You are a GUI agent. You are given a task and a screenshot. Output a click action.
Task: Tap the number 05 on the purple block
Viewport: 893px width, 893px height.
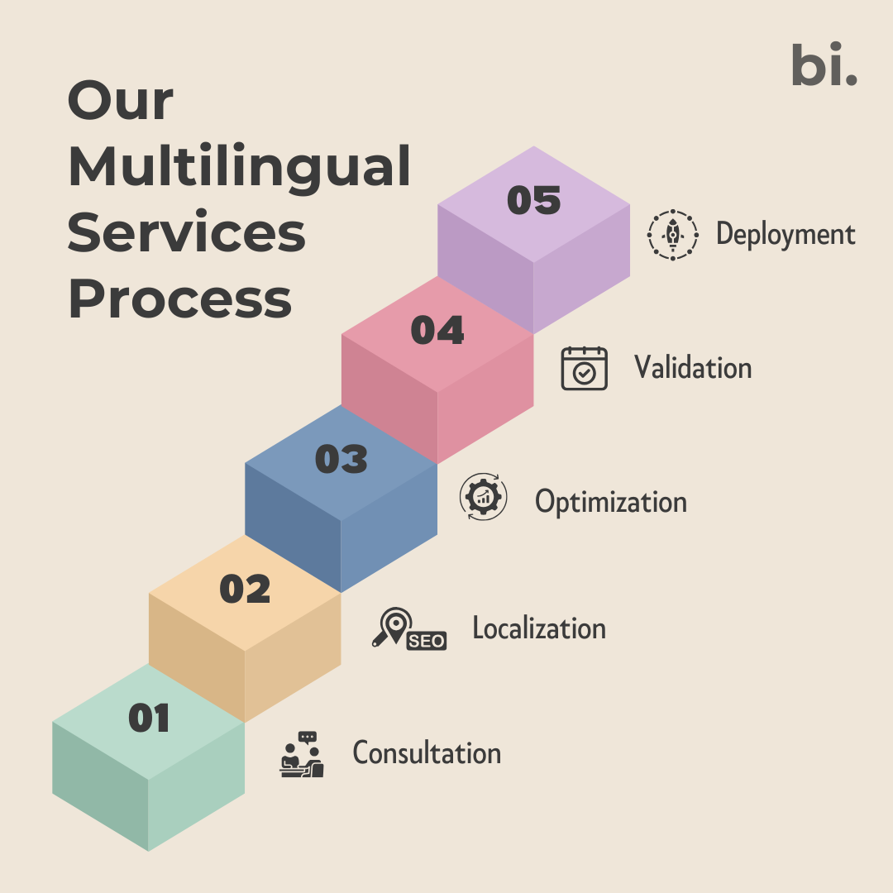533,201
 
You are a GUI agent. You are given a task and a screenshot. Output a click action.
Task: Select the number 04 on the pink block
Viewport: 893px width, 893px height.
437,331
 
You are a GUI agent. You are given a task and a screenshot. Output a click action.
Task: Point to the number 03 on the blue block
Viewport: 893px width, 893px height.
341,460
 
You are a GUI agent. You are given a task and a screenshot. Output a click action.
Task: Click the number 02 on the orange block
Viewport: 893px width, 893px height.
245,590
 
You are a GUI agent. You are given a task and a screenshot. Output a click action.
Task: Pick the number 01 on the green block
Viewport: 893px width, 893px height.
149,719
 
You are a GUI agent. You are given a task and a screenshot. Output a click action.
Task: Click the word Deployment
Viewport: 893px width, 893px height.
785,234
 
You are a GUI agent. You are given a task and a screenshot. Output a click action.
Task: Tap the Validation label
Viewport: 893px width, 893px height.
693,367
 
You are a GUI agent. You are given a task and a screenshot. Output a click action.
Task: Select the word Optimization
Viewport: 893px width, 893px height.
610,502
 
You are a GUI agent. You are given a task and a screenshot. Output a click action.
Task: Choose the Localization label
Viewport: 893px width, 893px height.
539,628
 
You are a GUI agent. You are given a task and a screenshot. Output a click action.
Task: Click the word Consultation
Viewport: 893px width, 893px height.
427,753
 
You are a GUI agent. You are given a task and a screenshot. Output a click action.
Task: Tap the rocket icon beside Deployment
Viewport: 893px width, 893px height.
672,235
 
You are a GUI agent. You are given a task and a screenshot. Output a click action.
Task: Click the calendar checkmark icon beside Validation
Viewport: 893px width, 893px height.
584,369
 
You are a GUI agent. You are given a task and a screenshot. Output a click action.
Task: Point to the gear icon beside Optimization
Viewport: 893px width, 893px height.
483,497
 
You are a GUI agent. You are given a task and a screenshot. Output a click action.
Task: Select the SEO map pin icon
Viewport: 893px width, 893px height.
408,630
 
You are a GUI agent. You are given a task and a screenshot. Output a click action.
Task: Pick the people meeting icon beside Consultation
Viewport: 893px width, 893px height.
301,754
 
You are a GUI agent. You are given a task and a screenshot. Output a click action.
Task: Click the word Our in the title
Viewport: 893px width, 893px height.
121,102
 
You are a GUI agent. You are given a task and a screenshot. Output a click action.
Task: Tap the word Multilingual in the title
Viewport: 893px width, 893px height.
239,168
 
